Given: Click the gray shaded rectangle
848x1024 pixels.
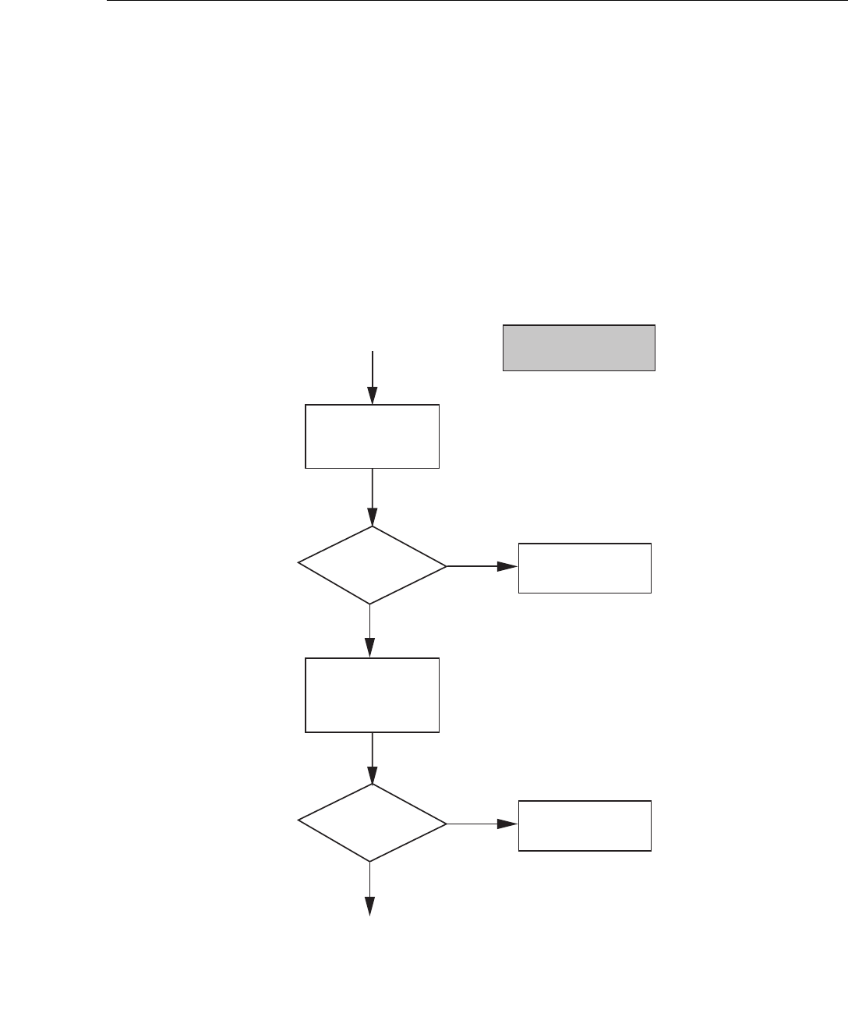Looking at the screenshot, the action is pos(578,347).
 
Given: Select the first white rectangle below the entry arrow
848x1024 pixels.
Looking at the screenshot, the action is pos(372,436).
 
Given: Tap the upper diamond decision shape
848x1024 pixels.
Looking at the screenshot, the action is pos(372,565).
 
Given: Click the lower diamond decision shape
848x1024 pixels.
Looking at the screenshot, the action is pos(372,823).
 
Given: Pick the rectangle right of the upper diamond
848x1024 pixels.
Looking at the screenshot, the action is pos(585,568).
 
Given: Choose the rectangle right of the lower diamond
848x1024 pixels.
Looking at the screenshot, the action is pos(585,825).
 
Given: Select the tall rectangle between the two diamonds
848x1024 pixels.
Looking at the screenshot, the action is pos(372,695).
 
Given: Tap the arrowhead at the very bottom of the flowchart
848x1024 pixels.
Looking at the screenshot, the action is pos(369,905).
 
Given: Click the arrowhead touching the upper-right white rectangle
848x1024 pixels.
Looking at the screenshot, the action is pos(509,567).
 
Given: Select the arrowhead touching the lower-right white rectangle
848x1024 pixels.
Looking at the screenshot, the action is pos(509,824).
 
